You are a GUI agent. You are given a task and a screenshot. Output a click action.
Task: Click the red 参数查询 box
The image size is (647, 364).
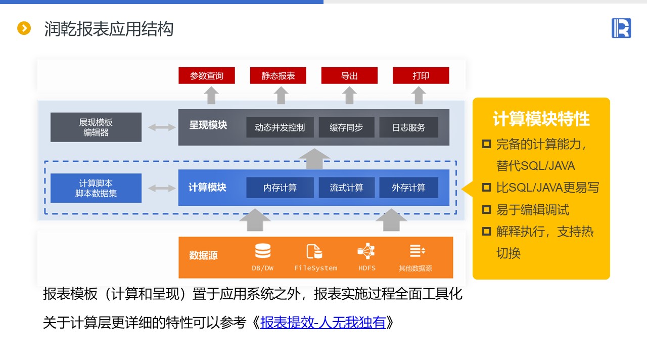point(207,76)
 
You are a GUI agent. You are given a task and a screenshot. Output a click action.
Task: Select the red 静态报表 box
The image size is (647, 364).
point(278,76)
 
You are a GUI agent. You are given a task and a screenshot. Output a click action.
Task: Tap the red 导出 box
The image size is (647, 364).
point(349,76)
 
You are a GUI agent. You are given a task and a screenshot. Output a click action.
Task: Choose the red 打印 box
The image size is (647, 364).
point(421,76)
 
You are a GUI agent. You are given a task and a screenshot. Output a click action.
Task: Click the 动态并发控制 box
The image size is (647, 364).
point(280,127)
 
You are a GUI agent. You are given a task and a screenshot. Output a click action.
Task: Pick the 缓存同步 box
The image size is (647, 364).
point(346,127)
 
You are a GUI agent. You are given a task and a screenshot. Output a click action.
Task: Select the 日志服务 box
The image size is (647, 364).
point(408,127)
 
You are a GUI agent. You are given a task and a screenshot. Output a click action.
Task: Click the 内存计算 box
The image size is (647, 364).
point(280,188)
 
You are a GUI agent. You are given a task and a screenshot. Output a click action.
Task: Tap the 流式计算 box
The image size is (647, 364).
point(346,188)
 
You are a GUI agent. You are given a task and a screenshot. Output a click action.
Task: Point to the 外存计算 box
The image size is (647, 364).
point(408,188)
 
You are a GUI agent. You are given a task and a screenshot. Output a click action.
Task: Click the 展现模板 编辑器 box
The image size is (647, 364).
point(96,127)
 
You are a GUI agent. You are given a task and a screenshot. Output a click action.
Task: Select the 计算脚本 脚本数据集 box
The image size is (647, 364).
point(96,188)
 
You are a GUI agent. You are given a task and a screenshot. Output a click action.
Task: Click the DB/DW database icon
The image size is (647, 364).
point(263,251)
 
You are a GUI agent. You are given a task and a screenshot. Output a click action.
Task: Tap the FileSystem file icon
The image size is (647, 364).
point(314,251)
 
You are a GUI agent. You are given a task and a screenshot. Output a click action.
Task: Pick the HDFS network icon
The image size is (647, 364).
point(366,251)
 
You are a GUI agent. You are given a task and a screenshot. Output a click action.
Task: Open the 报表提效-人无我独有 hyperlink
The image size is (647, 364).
point(323,323)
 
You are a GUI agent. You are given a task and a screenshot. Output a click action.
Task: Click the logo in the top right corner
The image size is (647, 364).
point(621,28)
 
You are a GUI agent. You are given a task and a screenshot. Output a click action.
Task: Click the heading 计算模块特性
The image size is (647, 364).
point(541,119)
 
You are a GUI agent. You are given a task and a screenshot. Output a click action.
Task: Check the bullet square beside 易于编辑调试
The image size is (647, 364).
point(486,209)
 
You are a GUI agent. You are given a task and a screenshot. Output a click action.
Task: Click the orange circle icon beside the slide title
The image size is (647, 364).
point(24,28)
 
